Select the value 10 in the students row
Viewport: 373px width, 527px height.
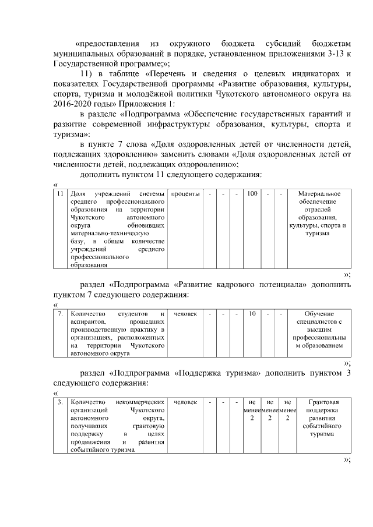click(x=252, y=314)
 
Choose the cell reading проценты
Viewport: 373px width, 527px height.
click(x=185, y=193)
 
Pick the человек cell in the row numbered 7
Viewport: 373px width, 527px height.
click(x=185, y=314)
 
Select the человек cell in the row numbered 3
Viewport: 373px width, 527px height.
click(x=185, y=402)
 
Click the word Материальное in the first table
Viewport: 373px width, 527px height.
click(x=318, y=193)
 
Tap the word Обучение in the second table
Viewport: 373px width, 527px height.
click(x=318, y=314)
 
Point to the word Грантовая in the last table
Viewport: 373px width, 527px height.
click(x=318, y=402)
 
